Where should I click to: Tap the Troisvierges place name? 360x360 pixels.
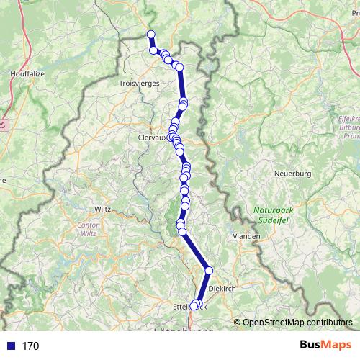(x=136, y=84)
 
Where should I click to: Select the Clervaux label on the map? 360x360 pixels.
(x=152, y=136)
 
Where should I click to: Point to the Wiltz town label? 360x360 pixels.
(x=103, y=209)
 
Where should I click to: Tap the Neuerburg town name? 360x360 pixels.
(x=292, y=174)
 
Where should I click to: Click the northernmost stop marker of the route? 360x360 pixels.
(x=151, y=35)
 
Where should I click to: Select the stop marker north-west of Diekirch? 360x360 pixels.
(x=209, y=271)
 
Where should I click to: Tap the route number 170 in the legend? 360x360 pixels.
(x=30, y=346)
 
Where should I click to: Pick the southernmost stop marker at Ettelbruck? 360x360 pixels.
(x=193, y=307)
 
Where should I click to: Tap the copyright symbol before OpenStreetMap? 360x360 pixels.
(x=238, y=323)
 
